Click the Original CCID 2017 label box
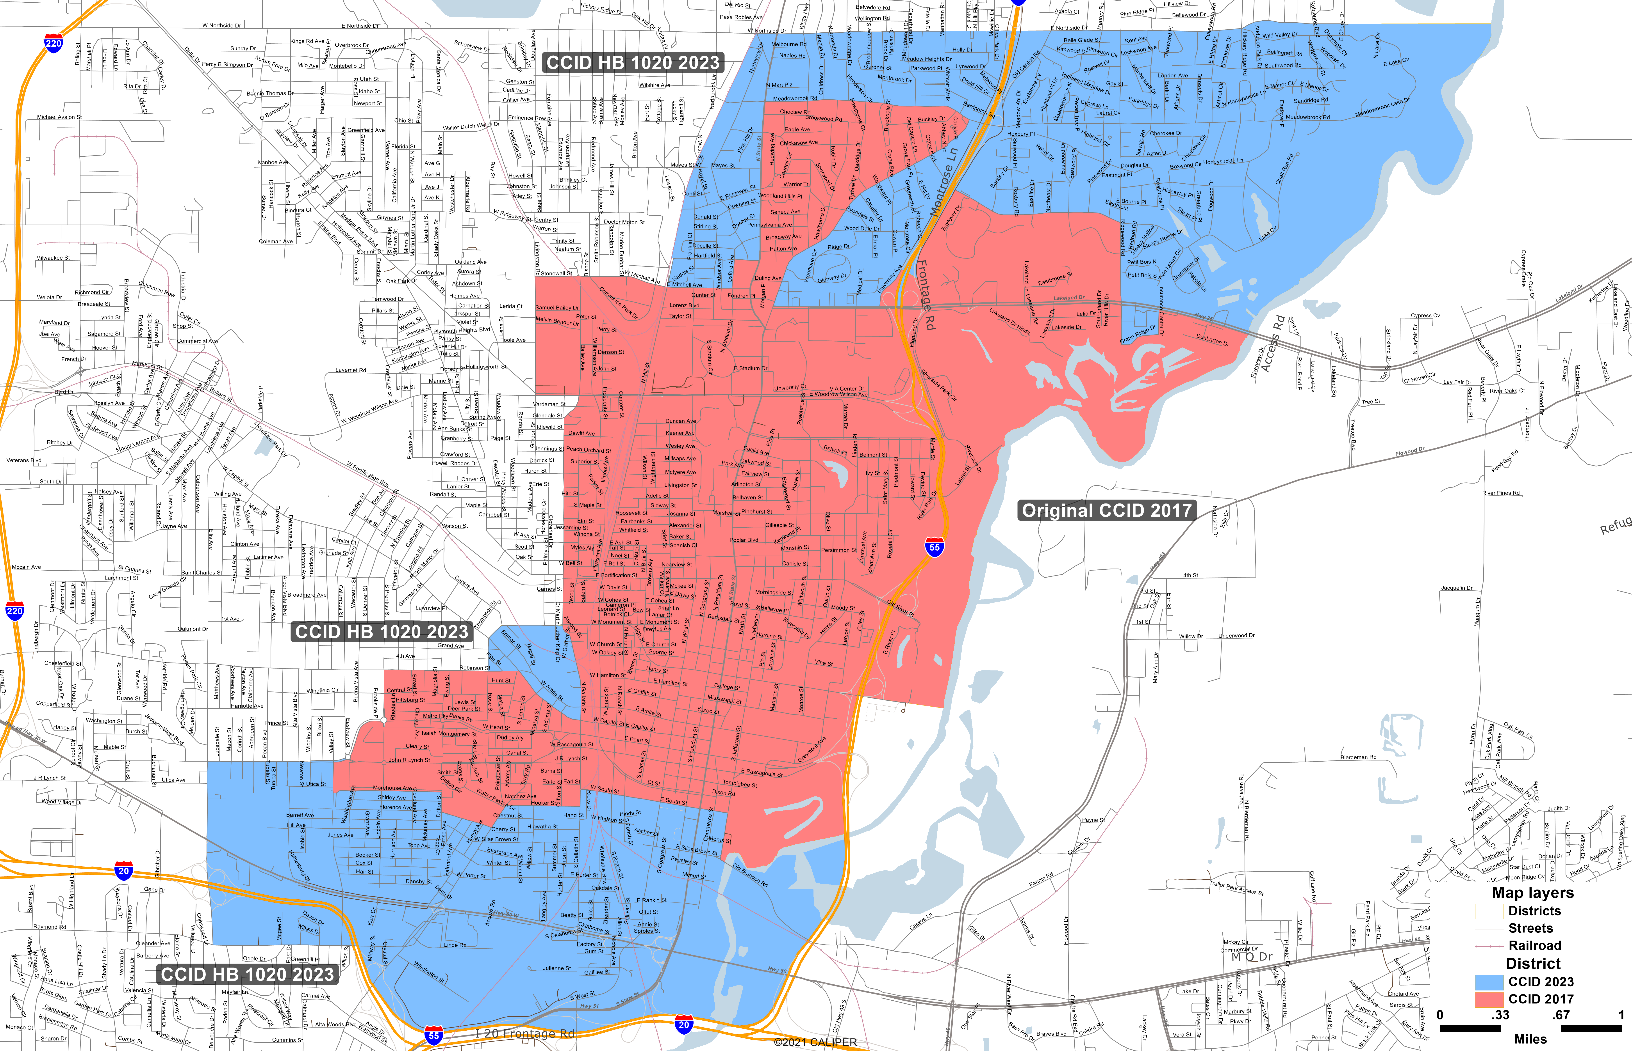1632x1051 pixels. tap(1106, 510)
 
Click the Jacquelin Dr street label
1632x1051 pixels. tap(1457, 588)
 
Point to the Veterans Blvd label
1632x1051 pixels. tap(24, 460)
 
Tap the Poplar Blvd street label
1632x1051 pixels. tap(744, 540)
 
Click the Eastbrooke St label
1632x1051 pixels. tap(1055, 279)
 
